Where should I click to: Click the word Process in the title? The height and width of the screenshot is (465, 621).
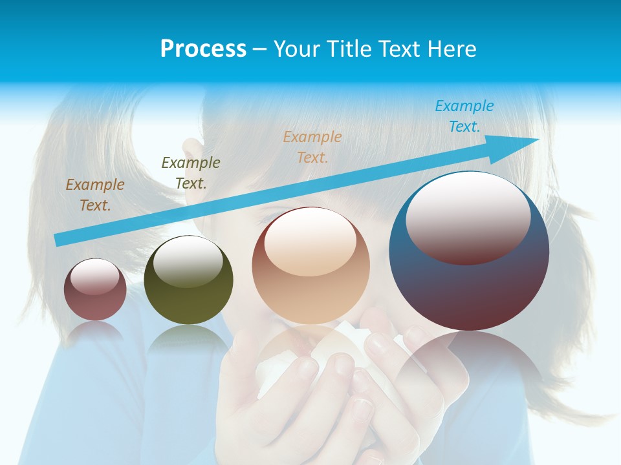[203, 49]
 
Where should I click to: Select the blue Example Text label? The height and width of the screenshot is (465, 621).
[464, 116]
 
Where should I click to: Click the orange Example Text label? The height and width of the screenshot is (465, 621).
[312, 147]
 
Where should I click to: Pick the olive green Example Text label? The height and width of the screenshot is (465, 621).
[190, 172]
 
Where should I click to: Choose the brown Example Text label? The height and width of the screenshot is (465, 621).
[94, 195]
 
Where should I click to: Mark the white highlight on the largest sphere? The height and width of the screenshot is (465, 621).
[468, 216]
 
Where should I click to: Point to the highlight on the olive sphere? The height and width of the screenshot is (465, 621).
[188, 262]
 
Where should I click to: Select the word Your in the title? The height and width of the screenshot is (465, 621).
[296, 49]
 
